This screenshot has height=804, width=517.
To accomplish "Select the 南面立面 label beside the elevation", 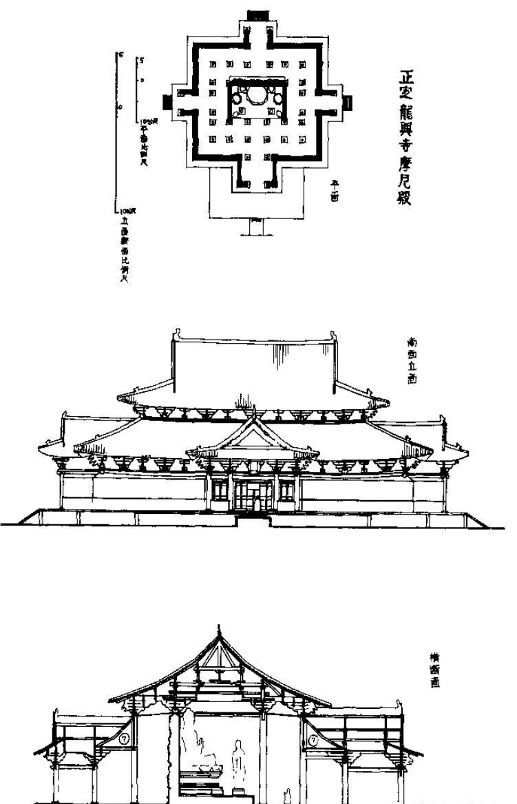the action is pyautogui.click(x=411, y=362).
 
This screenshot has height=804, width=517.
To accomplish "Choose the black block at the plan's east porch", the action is pyautogui.click(x=348, y=103).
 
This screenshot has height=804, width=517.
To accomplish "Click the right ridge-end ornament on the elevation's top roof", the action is pyautogui.click(x=334, y=338).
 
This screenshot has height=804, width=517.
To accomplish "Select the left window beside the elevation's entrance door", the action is pyautogui.click(x=220, y=491).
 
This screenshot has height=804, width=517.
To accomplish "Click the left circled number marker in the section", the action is pyautogui.click(x=124, y=740).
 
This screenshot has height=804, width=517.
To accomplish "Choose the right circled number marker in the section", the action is pyautogui.click(x=314, y=740).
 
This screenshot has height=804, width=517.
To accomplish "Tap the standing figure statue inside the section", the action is pyautogui.click(x=238, y=761).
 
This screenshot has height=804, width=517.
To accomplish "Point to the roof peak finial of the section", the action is pyautogui.click(x=219, y=630).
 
